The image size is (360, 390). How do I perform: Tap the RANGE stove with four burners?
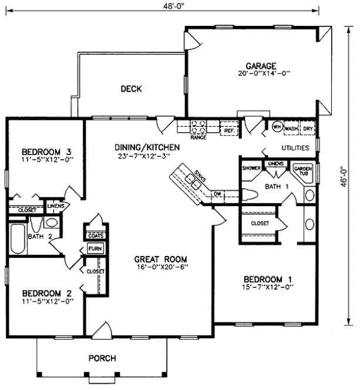pos(198,126)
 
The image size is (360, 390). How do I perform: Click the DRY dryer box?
pos(307,127)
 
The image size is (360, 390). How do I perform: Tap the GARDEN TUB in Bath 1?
pos(301,170)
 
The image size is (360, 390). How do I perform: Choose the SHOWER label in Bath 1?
pos(251,167)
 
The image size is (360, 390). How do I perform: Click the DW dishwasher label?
pos(217,193)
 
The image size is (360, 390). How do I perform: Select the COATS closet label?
pos(95,236)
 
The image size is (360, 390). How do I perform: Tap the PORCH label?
pos(102,358)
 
